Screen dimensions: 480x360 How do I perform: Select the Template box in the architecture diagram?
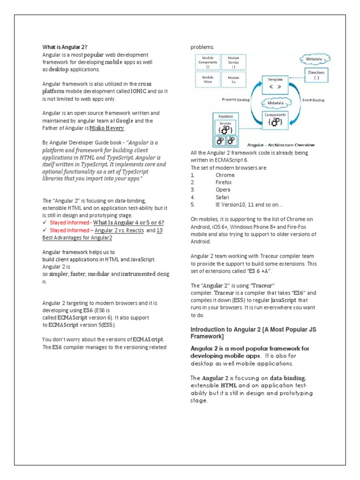pos(275,83)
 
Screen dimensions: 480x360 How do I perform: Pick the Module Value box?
pos(208,80)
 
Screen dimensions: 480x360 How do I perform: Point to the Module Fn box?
pos(233,80)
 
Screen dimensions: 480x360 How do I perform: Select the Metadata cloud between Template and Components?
pos(275,102)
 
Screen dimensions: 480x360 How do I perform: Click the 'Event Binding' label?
pos(314,100)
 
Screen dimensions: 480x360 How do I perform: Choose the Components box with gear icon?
pos(275,119)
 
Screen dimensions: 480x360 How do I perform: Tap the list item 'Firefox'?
pos(223,182)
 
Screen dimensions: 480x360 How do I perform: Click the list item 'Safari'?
pos(222,197)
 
